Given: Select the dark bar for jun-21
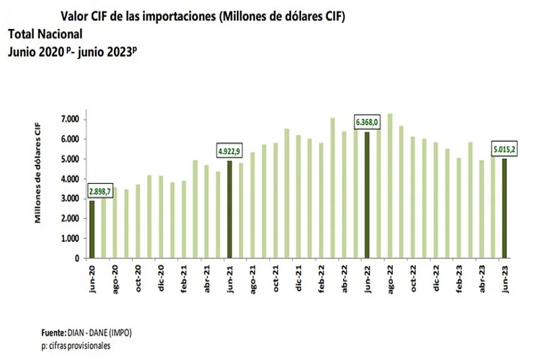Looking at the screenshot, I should (x=230, y=209).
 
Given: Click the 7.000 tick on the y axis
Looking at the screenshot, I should (x=70, y=120).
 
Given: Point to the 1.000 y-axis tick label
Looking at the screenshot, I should (x=70, y=238).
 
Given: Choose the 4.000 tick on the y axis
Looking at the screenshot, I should (x=70, y=179).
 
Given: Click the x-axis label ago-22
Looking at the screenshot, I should (x=389, y=278).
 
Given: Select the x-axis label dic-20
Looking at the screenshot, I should (x=161, y=278).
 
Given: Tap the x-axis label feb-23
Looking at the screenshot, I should (x=458, y=278).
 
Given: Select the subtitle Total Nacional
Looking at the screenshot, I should (x=45, y=33).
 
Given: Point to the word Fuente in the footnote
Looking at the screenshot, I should (x=52, y=334).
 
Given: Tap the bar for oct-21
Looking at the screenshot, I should (x=275, y=201).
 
